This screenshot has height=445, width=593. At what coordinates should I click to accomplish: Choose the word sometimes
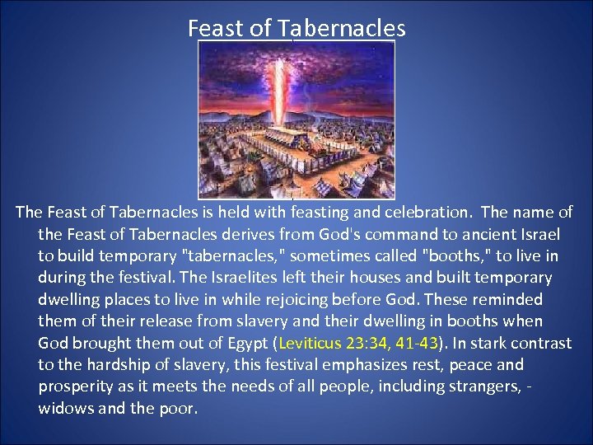click(x=278, y=256)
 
